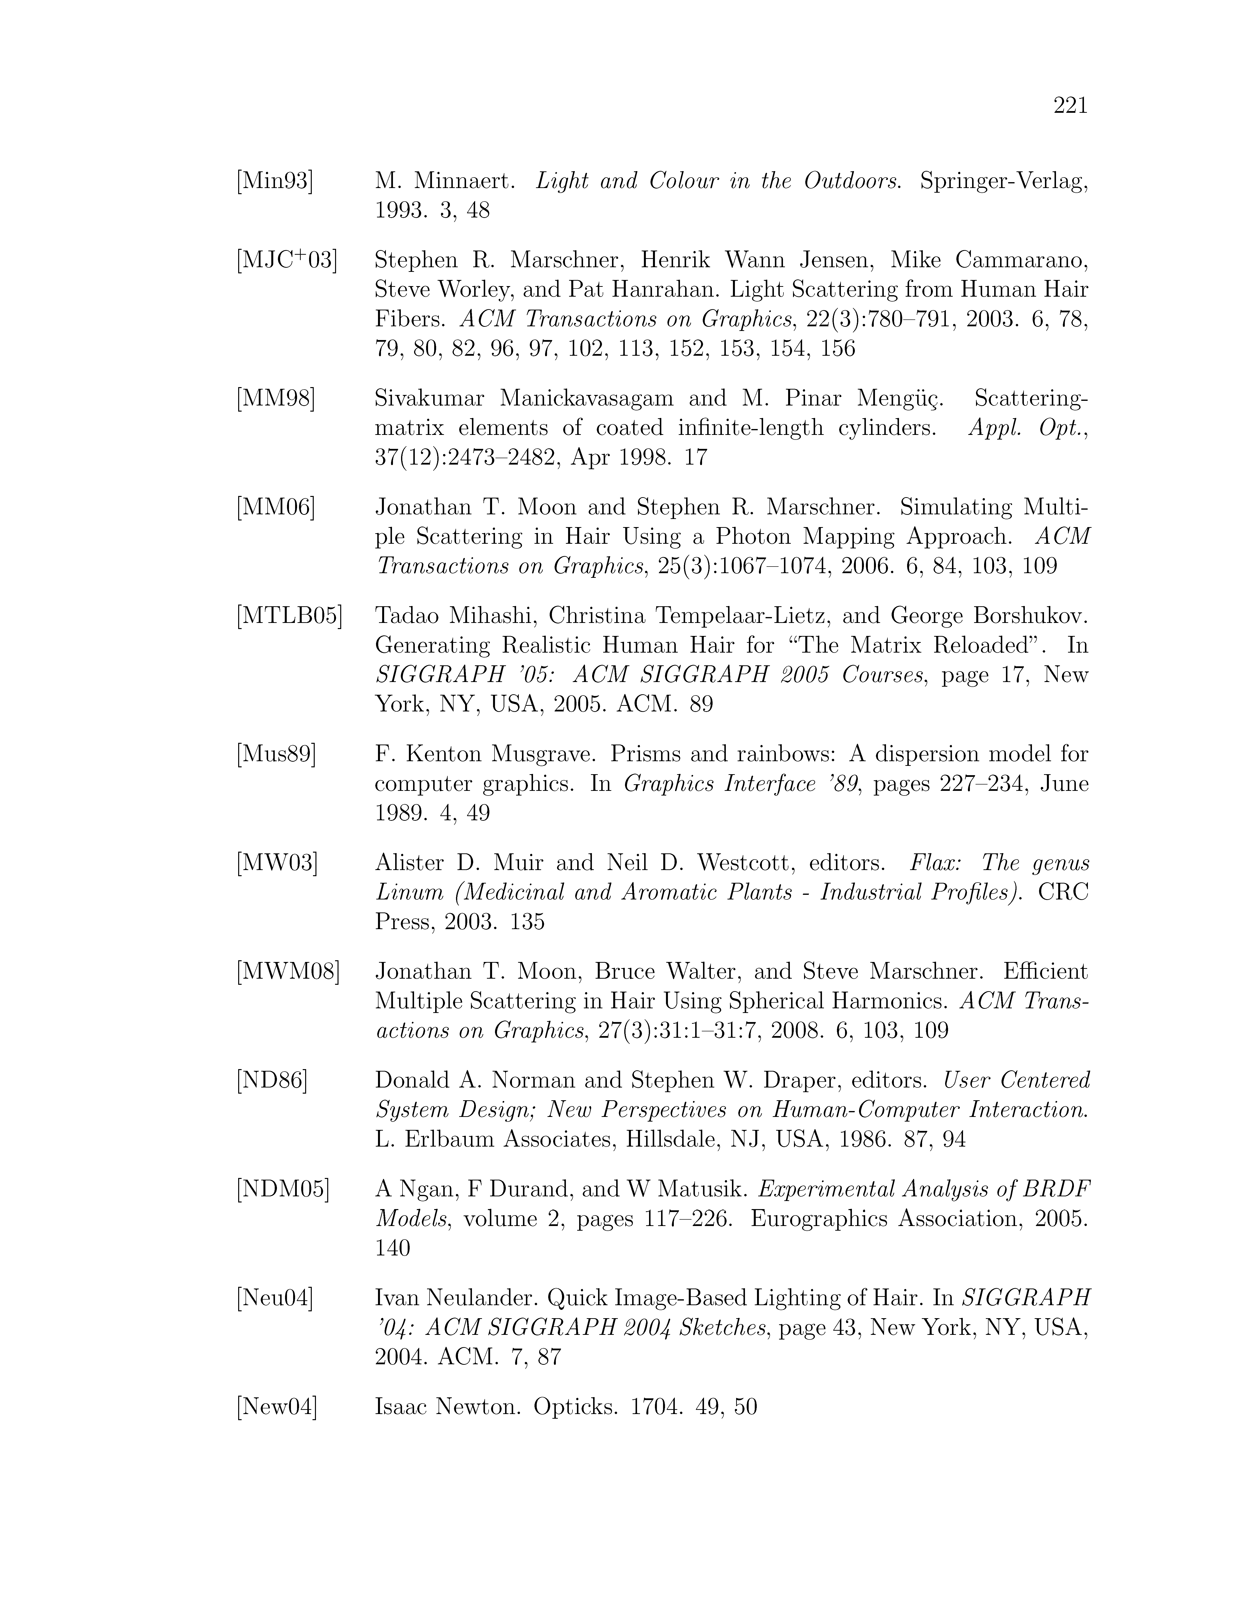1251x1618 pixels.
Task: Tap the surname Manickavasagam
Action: point(586,399)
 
